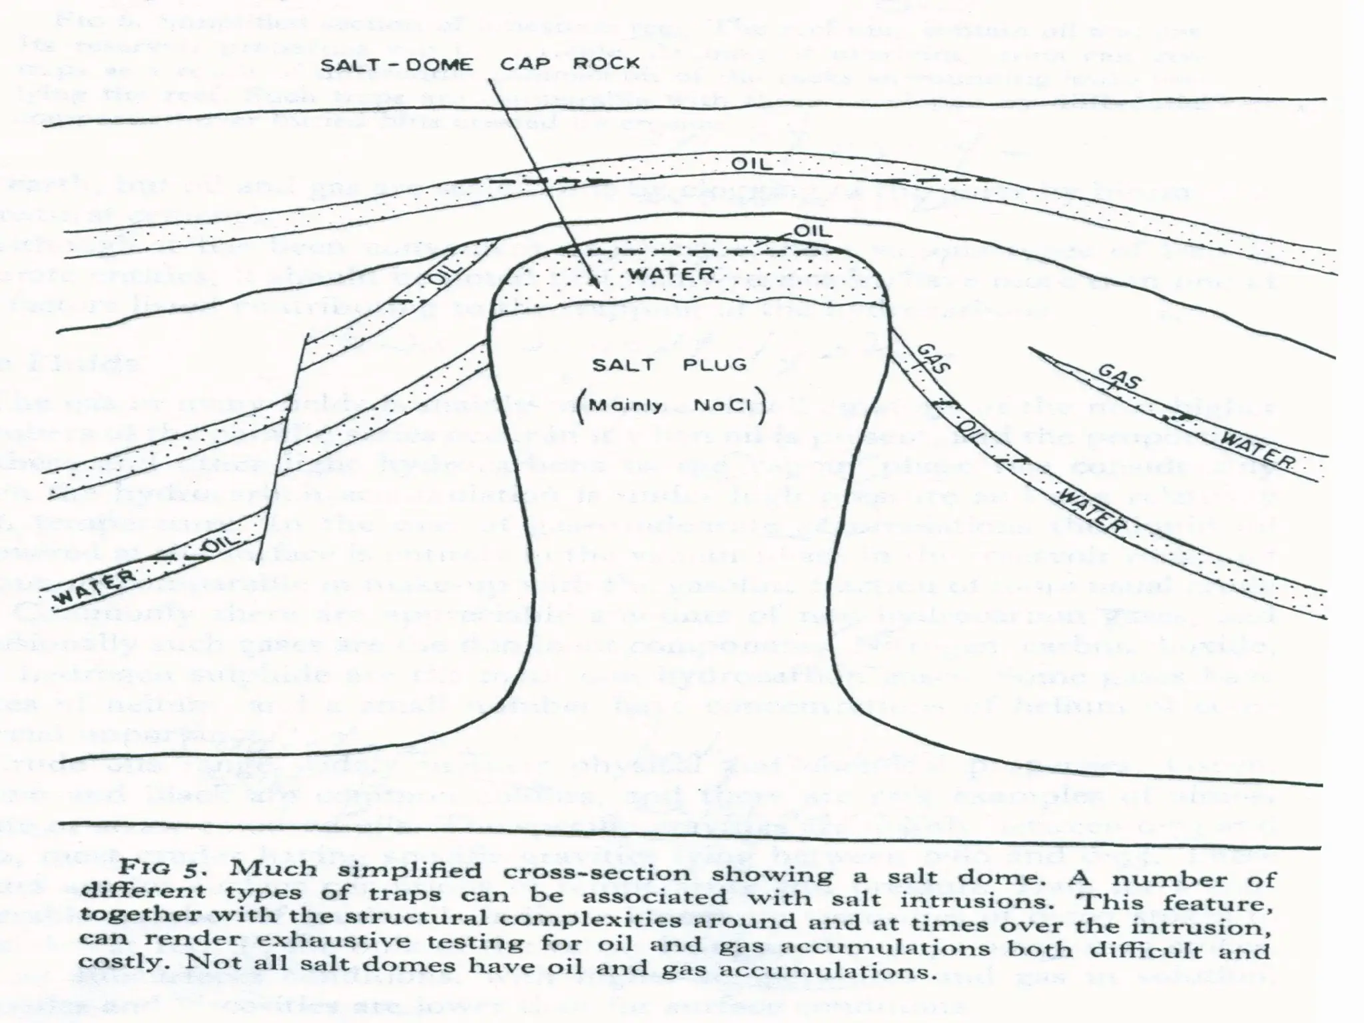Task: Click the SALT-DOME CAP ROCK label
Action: coord(480,64)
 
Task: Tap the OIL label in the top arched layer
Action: coord(753,164)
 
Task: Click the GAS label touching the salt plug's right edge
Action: coord(934,358)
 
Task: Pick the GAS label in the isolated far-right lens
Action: coord(1120,379)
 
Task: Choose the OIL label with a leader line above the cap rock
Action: coord(812,231)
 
